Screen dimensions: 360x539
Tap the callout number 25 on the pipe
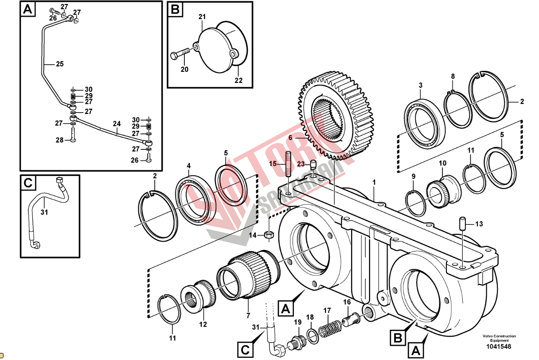(60, 64)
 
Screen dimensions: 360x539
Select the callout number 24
(117, 124)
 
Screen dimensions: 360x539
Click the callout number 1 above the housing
(374, 182)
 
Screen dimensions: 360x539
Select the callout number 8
(453, 76)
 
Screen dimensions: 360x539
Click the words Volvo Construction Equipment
(500, 338)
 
